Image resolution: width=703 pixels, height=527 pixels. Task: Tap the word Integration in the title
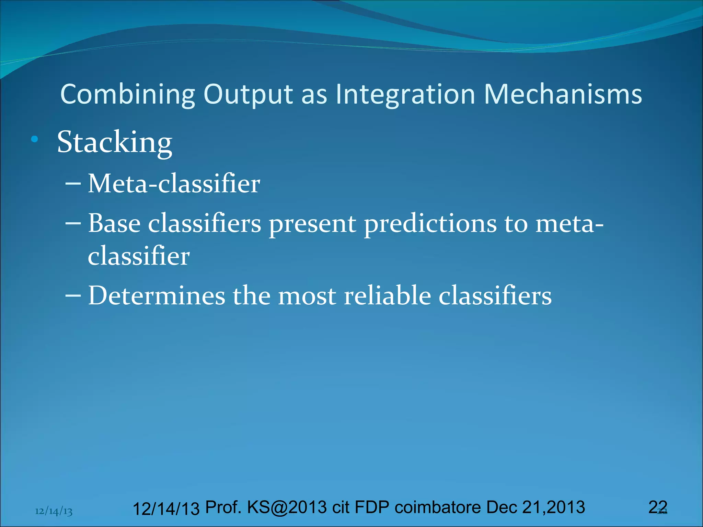tap(405, 94)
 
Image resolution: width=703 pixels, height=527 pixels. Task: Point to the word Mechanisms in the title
tap(563, 94)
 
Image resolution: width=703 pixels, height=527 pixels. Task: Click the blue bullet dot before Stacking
tap(34, 139)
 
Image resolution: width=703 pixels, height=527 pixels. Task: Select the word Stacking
tap(114, 142)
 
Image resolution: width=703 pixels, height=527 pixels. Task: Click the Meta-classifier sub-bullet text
tap(174, 184)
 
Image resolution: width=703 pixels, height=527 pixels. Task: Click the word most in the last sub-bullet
tap(307, 296)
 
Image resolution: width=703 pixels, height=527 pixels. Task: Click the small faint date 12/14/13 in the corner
tap(54, 512)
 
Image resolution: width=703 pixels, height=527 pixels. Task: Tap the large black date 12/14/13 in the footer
tap(166, 509)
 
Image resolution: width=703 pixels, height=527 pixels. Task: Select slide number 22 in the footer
tap(658, 507)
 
